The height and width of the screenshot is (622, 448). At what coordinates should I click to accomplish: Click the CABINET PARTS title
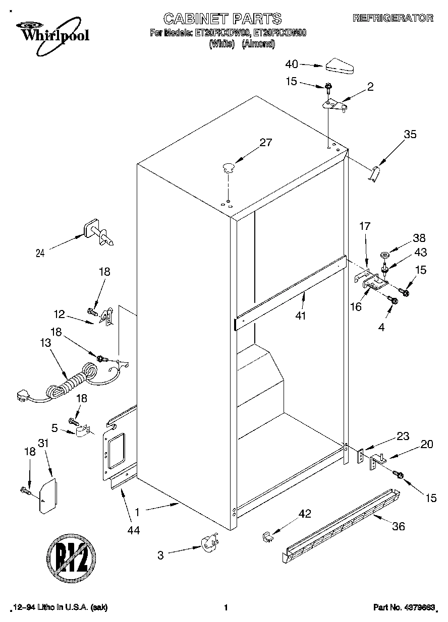(222, 19)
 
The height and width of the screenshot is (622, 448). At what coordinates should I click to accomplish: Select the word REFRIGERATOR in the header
(393, 18)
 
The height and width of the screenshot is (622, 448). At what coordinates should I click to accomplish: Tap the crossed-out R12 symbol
(71, 559)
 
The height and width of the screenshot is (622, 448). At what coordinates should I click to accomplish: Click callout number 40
(292, 64)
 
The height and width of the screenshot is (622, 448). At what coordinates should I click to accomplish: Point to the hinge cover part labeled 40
(341, 66)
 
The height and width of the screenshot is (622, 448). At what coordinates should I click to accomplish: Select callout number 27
(265, 143)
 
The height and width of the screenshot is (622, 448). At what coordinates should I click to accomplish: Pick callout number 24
(40, 254)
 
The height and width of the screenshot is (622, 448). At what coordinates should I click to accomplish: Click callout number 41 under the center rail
(303, 316)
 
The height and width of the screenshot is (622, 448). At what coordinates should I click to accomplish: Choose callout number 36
(399, 527)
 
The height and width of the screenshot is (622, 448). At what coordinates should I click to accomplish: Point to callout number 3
(160, 555)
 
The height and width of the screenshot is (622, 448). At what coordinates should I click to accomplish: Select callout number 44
(134, 530)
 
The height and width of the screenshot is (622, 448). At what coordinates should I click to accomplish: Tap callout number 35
(410, 135)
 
